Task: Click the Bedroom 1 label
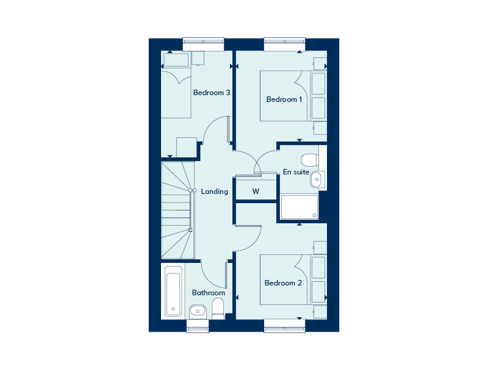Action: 284,99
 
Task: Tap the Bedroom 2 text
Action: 284,283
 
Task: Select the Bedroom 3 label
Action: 212,93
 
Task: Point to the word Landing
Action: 215,192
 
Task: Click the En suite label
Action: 296,172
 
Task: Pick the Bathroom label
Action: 209,293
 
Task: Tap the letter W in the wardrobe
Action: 256,192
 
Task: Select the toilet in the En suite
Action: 310,160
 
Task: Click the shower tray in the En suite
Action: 299,207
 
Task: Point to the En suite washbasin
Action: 315,180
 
